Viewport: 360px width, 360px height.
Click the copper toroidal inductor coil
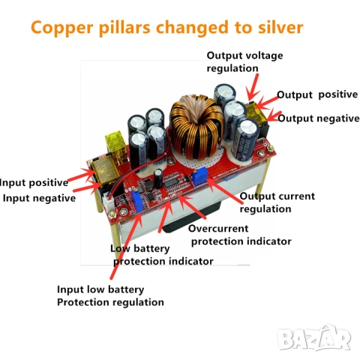[x=196, y=126]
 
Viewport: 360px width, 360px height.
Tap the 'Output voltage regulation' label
[x=244, y=61]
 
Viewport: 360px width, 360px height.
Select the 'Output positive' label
[x=317, y=94]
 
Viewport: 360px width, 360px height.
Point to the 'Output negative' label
[x=318, y=118]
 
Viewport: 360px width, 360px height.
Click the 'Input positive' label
[x=34, y=182]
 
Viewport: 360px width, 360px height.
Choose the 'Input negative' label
[x=39, y=198]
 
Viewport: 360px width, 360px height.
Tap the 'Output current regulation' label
[x=277, y=202]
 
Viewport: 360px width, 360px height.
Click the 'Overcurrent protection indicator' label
[x=240, y=235]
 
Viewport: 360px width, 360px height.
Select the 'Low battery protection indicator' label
[x=162, y=255]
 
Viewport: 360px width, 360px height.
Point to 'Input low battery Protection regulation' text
[x=110, y=295]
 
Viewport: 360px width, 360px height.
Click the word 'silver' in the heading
[x=280, y=28]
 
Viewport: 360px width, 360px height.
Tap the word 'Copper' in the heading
[x=62, y=28]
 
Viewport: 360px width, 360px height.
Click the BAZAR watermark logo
[x=314, y=337]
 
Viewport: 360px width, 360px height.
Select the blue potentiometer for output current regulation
[x=199, y=177]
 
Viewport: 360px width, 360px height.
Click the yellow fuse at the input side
[x=115, y=145]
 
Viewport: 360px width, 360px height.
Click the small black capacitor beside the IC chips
[x=158, y=178]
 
